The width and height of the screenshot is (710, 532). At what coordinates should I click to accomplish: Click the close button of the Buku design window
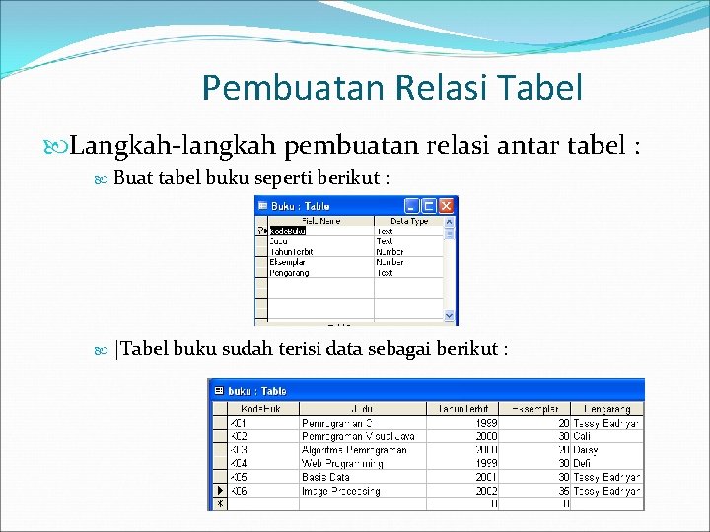tap(447, 206)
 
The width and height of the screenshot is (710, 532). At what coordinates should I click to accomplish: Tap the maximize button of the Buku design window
tap(429, 206)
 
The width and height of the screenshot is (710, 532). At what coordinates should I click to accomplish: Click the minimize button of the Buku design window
tap(411, 206)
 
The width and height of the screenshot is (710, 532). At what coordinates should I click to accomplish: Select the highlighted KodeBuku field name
tap(288, 231)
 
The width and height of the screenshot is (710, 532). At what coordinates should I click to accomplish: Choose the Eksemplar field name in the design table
tap(289, 262)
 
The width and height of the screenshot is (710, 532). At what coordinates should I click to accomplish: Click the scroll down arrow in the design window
tap(451, 316)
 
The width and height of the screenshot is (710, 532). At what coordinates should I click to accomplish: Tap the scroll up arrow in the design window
tap(451, 222)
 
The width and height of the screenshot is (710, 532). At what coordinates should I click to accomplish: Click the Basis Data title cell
tap(326, 477)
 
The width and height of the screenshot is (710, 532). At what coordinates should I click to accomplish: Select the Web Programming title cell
tap(341, 463)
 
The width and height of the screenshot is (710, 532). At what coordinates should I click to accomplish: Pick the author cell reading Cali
tap(582, 436)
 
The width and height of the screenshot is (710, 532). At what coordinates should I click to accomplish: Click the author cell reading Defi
tap(582, 463)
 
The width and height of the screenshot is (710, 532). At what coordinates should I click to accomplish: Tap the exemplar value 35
tap(563, 491)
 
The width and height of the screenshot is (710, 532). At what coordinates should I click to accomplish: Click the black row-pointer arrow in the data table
tap(219, 491)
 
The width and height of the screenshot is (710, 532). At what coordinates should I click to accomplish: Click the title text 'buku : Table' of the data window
tap(257, 391)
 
